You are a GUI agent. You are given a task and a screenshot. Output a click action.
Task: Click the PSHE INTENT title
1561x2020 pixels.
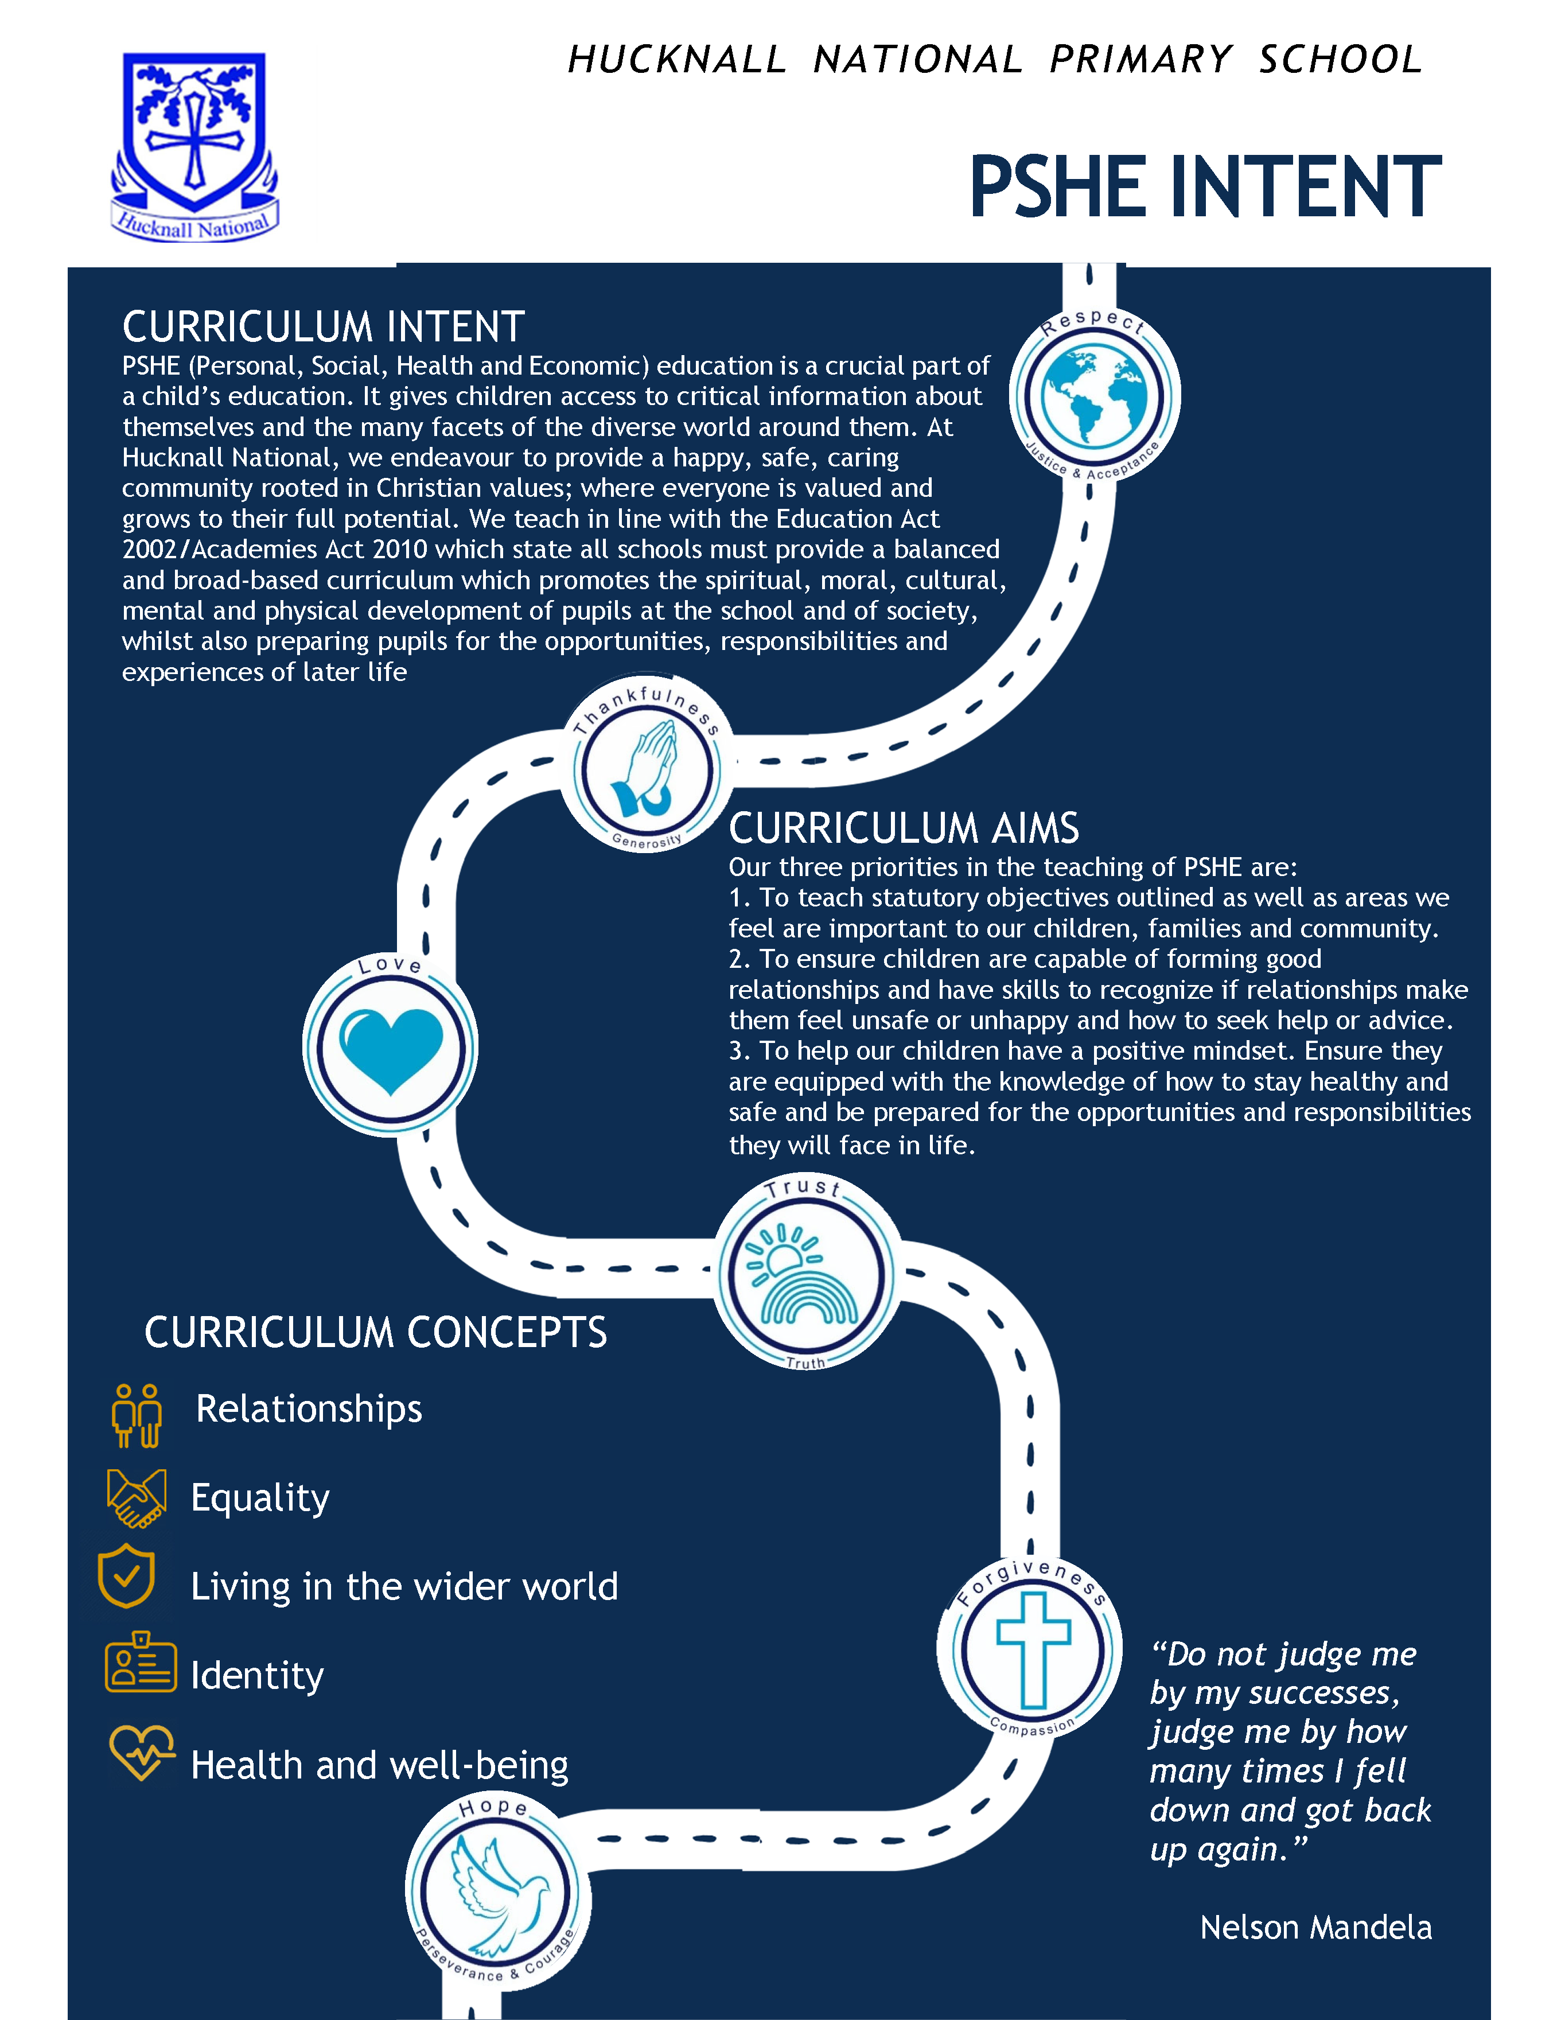pos(1205,188)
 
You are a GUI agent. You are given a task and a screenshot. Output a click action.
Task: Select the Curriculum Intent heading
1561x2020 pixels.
pos(324,326)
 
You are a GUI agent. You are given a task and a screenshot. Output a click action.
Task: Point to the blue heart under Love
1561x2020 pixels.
pos(391,1050)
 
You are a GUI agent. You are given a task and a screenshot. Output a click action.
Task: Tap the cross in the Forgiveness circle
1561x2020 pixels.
pos(1033,1650)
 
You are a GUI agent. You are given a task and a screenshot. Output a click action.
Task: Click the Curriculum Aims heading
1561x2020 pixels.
pos(904,828)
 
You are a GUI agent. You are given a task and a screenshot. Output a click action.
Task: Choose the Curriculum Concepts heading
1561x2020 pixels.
pos(375,1332)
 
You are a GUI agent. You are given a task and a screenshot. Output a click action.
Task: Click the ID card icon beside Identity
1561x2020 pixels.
pos(141,1662)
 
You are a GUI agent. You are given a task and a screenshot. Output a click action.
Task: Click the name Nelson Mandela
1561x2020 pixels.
pos(1316,1928)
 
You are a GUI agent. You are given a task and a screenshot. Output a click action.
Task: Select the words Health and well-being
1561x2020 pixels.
pos(379,1766)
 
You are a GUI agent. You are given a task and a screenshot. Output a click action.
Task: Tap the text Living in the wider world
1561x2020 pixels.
pos(404,1587)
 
